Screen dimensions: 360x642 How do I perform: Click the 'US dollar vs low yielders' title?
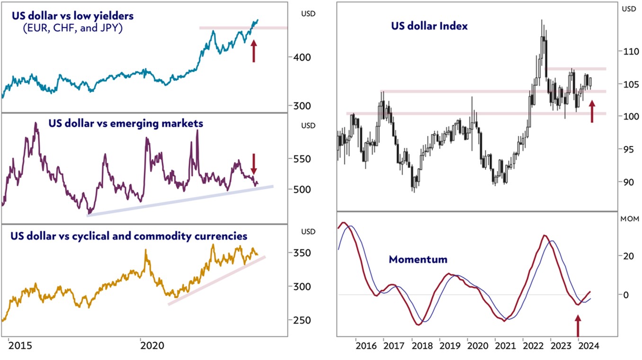[x=73, y=16]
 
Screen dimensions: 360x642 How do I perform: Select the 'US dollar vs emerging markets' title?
[x=125, y=123]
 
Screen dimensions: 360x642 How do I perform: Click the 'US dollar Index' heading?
[x=429, y=26]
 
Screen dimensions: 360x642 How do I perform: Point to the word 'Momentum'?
[x=418, y=260]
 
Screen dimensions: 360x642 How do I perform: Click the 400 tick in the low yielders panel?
[x=301, y=57]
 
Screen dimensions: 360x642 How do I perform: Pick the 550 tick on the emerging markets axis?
[x=301, y=159]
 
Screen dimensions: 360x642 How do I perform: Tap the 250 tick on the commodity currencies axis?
[x=301, y=321]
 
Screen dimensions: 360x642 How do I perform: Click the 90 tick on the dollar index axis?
[x=627, y=182]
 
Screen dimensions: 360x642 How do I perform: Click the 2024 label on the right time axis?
[x=588, y=346]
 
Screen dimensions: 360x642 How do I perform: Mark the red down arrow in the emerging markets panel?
[x=253, y=164]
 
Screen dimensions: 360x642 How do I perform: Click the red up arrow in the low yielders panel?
[x=254, y=51]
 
